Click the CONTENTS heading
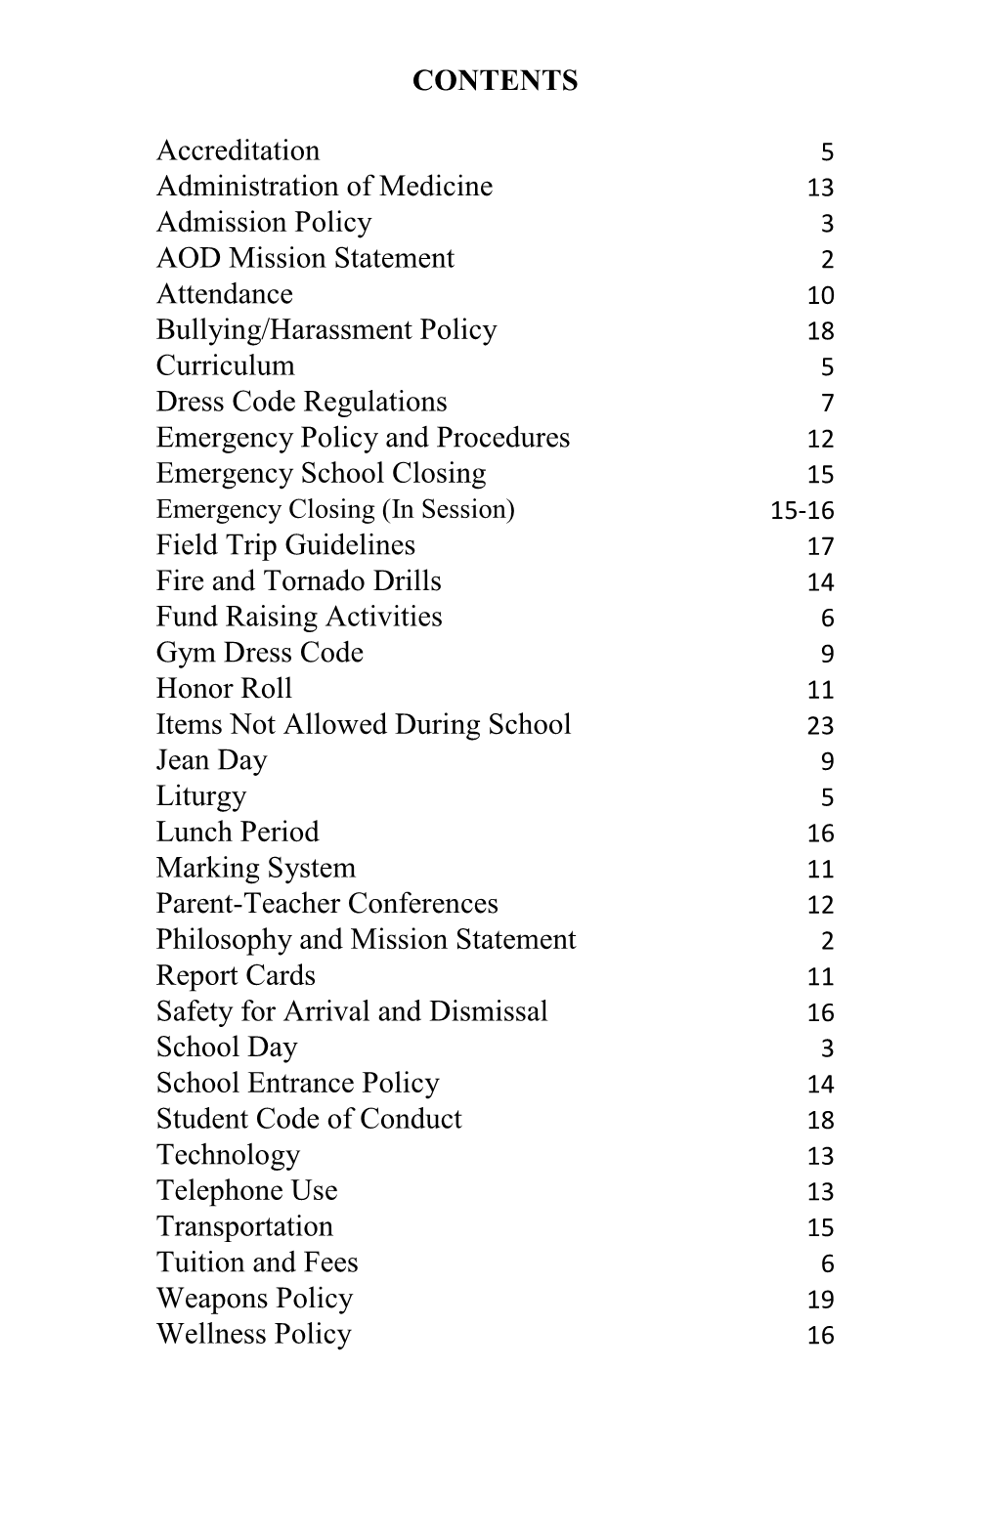point(495,80)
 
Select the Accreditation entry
point(238,150)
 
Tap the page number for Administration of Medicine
point(820,188)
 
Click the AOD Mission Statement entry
point(305,258)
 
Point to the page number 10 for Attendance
point(820,295)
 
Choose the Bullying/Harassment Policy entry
point(326,330)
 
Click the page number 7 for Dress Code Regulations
point(827,403)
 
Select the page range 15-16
point(802,510)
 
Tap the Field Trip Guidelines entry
point(285,545)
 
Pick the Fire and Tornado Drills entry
point(298,581)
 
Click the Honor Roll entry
point(224,689)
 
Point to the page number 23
point(820,725)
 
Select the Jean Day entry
point(211,760)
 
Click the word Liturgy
point(201,796)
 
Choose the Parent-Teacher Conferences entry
point(326,904)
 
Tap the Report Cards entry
point(236,975)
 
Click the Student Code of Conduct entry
point(309,1119)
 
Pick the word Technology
point(228,1155)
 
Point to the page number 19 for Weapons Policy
point(820,1299)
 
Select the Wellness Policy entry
point(253,1334)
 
